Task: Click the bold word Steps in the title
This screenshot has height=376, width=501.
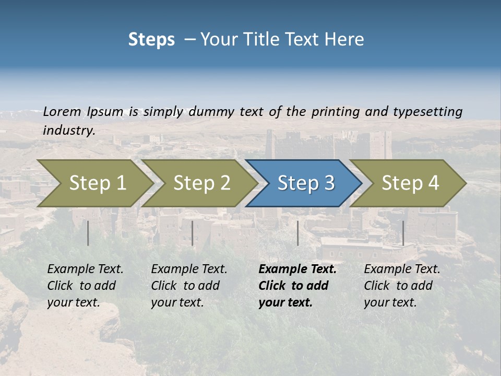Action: click(151, 40)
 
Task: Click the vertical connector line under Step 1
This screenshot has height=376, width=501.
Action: click(88, 233)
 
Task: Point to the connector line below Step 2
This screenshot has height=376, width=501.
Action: click(193, 233)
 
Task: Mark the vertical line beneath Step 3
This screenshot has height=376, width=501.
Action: click(298, 233)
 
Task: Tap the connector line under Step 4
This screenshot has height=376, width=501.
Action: click(403, 233)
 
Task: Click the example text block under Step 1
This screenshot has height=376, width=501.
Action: click(85, 286)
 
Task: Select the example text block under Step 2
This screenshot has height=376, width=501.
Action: click(189, 286)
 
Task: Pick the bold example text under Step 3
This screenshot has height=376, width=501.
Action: click(297, 286)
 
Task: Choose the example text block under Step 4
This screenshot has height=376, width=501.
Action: click(402, 286)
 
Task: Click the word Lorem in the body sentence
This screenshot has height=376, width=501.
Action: click(62, 111)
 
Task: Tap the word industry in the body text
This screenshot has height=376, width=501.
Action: click(69, 131)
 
